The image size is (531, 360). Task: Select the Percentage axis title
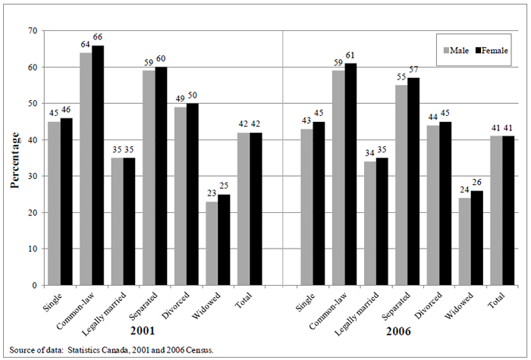click(x=14, y=158)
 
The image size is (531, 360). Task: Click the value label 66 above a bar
click(x=99, y=39)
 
